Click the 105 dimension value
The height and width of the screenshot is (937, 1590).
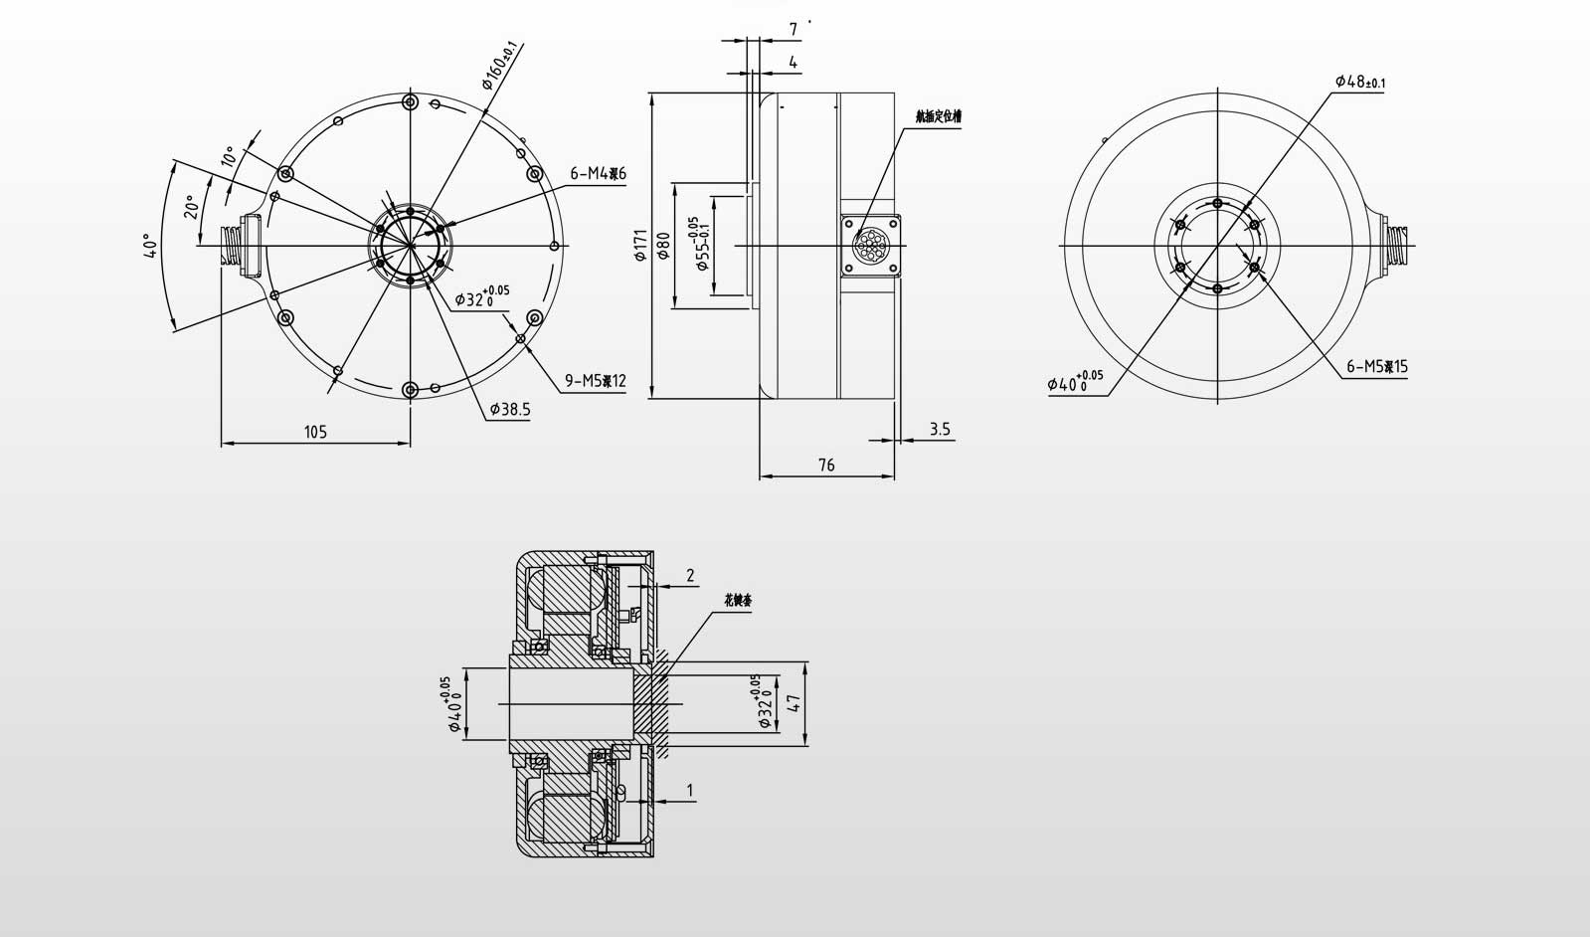315,432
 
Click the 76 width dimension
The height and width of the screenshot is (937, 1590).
826,465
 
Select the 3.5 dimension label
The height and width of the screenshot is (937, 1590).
939,430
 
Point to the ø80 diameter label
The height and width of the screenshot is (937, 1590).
664,246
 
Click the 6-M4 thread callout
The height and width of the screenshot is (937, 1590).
598,174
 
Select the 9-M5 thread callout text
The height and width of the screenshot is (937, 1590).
595,380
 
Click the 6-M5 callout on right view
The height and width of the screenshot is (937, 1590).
1376,366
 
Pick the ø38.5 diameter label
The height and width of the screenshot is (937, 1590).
510,409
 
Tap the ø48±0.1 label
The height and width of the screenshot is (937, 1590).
1359,82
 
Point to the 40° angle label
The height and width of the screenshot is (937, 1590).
149,246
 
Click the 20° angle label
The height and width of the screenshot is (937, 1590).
191,206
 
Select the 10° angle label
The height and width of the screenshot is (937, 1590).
228,156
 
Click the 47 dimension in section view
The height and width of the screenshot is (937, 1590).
793,703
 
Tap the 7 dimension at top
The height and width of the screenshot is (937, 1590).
793,30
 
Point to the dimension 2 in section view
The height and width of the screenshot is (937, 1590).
690,575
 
